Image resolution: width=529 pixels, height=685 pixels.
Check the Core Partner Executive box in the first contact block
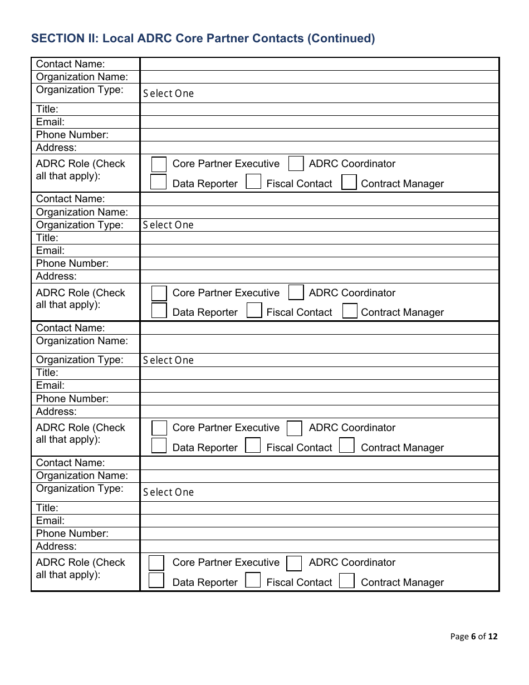click(x=159, y=164)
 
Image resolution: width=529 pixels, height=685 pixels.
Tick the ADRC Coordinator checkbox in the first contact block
click(x=296, y=164)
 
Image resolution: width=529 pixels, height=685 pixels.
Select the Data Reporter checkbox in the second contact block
click(x=159, y=311)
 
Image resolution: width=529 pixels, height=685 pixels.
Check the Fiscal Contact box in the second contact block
click(x=254, y=311)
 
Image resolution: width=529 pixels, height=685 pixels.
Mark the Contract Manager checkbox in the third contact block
click(x=347, y=446)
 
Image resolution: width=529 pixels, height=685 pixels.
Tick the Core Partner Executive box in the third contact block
click(x=159, y=428)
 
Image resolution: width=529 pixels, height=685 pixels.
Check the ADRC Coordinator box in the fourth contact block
click(x=294, y=564)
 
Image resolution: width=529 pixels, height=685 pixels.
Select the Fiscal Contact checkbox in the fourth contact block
click(x=253, y=580)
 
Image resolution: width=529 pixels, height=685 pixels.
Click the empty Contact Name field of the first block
click(x=319, y=64)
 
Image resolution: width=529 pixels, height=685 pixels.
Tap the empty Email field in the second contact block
click(x=319, y=251)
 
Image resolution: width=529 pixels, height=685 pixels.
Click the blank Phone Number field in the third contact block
click(x=319, y=399)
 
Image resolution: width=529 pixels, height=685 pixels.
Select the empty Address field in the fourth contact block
click(x=319, y=546)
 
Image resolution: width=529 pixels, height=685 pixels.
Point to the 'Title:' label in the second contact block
click(x=47, y=238)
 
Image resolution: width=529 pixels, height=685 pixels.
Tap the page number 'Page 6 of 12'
click(x=474, y=637)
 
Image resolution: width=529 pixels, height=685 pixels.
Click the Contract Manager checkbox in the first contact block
click(x=349, y=183)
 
